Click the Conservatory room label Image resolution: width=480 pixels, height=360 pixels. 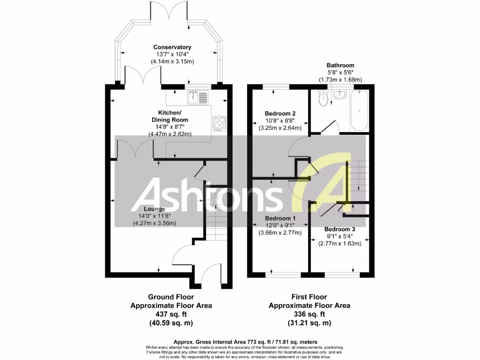pyautogui.click(x=172, y=47)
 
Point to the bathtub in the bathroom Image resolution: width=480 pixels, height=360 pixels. pyautogui.click(x=360, y=111)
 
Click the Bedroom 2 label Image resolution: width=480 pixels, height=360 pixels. pyautogui.click(x=280, y=113)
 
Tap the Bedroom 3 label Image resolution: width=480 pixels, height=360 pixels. pyautogui.click(x=340, y=229)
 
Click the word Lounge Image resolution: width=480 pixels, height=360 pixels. pyautogui.click(x=154, y=209)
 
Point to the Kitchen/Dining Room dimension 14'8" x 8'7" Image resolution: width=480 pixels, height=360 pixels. pyautogui.click(x=169, y=127)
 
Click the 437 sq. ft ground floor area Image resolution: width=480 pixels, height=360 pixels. pyautogui.click(x=171, y=314)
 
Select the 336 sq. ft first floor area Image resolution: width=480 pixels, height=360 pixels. pyautogui.click(x=309, y=314)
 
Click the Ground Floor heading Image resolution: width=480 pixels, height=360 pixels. pyautogui.click(x=171, y=297)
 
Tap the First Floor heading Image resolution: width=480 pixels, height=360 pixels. pyautogui.click(x=309, y=297)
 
